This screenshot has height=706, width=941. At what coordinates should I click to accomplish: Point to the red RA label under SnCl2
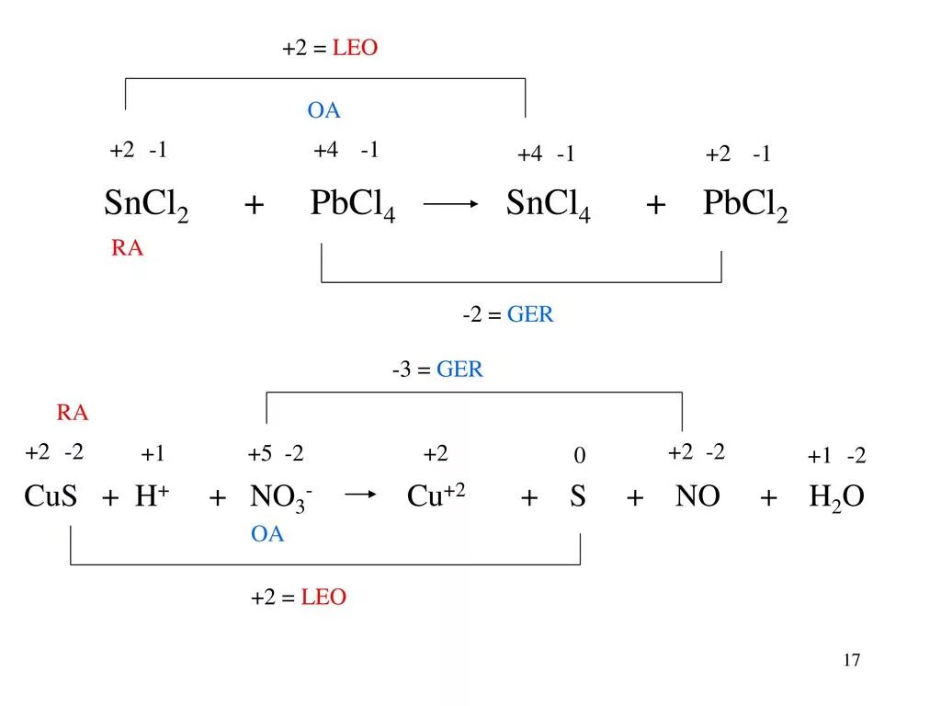pos(128,249)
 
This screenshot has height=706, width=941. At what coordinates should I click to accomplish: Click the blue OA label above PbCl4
pos(323,111)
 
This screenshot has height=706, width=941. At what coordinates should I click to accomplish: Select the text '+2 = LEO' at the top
pos(330,49)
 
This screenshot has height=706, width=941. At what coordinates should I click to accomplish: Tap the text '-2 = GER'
pos(508,315)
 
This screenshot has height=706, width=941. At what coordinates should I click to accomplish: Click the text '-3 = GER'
pos(437,370)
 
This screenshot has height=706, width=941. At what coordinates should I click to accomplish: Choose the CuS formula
pos(51,497)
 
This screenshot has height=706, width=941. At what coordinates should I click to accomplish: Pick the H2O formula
pos(836,498)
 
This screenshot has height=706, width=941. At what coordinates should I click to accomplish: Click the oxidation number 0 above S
pos(579,456)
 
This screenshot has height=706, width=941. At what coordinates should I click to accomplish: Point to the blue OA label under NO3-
pos(267,535)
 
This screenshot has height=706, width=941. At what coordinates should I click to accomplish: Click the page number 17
pos(850,660)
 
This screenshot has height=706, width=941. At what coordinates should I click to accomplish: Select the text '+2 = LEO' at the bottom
pos(299,598)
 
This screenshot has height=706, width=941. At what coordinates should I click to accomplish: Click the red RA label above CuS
pos(73,413)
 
